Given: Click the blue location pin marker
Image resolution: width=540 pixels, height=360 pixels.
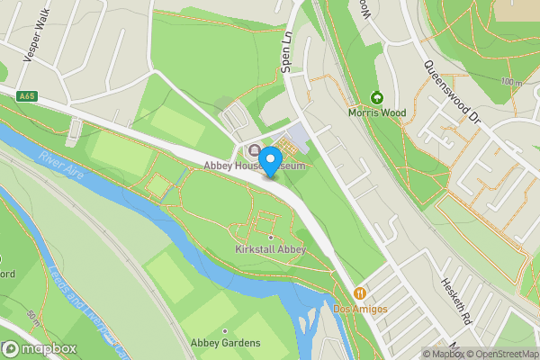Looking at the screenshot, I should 269,160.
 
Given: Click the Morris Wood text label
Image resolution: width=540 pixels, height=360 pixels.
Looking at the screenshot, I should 377,113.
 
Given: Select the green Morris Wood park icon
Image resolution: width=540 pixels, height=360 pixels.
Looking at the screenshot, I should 377,97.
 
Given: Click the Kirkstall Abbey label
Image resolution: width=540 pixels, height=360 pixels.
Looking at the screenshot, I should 270,249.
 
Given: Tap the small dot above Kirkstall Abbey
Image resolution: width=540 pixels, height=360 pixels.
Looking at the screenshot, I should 270,237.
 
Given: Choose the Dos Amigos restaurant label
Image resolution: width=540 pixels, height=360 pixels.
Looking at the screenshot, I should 360,309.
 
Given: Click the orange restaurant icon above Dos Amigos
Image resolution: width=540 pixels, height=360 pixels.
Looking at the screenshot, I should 360,293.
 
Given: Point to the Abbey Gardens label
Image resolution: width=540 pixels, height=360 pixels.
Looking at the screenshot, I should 225,343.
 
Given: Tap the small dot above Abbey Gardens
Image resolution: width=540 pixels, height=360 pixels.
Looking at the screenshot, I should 225,330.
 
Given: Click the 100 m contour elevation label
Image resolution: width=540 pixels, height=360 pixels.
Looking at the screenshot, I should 512,83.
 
